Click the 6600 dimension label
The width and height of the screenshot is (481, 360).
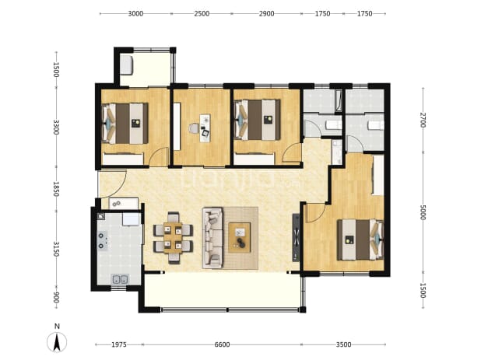click(222, 344)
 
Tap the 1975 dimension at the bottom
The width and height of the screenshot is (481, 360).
click(119, 344)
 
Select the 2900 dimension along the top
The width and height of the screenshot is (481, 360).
click(266, 13)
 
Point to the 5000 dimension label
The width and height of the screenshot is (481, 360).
click(423, 212)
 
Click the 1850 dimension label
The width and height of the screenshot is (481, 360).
click(56, 189)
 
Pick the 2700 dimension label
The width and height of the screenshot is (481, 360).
click(423, 120)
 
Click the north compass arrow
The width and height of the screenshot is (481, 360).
click(57, 341)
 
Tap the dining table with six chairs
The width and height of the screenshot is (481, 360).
click(174, 238)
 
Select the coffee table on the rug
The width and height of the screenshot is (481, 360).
click(239, 238)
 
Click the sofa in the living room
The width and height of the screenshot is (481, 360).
click(212, 238)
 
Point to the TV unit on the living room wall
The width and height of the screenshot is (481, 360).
click(296, 237)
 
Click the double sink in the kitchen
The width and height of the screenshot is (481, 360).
click(120, 279)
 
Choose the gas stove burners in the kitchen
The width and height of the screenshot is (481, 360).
click(103, 241)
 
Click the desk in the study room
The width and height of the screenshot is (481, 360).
click(205, 128)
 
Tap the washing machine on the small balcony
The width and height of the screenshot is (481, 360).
click(126, 65)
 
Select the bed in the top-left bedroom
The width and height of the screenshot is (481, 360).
click(125, 124)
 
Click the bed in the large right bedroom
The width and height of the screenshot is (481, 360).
click(360, 239)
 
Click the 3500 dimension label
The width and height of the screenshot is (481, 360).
click(343, 344)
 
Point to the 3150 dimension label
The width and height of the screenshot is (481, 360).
click(56, 249)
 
